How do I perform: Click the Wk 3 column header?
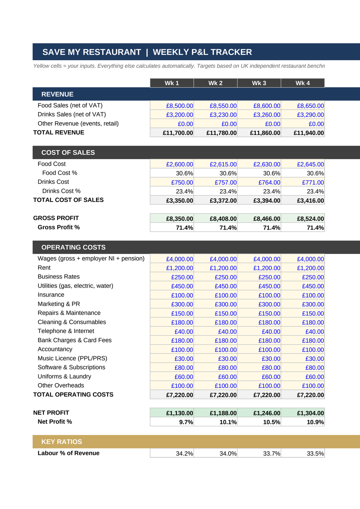coord(259,83)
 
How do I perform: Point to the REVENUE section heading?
coord(57,94)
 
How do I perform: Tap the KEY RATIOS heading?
coord(62,442)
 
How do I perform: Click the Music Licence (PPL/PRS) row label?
coord(72,358)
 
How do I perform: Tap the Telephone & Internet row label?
coord(66,331)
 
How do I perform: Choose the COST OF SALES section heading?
coord(68,153)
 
